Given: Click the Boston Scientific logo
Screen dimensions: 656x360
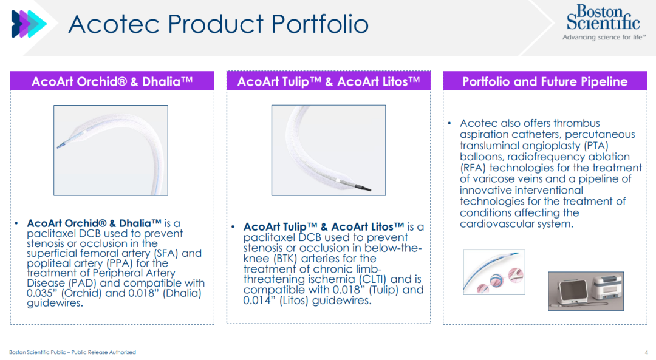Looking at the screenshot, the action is (603, 22).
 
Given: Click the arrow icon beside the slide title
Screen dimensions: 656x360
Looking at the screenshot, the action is (29, 24).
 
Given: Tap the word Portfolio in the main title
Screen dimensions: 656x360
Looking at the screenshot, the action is (319, 24).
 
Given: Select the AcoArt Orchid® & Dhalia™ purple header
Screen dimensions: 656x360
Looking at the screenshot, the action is (112, 81).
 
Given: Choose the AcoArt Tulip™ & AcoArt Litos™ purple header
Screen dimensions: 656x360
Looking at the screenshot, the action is (329, 81).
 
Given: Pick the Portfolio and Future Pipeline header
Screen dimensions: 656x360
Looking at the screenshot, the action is (545, 81).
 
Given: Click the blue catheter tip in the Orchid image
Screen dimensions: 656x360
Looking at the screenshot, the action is (61, 145).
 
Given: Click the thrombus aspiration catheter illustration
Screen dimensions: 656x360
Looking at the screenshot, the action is (494, 272).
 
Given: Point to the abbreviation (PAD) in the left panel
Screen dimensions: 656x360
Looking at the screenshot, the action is (83, 283).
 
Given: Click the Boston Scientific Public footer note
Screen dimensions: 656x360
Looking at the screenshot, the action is (72, 352).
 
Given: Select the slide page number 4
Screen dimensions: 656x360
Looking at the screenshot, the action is (647, 353).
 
